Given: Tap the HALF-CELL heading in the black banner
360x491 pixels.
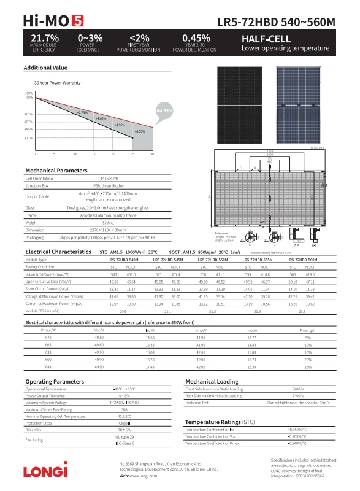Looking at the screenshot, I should (x=266, y=39).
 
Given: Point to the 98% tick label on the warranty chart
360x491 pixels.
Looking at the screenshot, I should (x=29, y=98).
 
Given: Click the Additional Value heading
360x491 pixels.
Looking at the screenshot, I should (x=45, y=68).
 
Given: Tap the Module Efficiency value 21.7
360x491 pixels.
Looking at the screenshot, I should (x=302, y=312).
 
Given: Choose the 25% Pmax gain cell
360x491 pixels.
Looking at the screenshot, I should (x=308, y=366).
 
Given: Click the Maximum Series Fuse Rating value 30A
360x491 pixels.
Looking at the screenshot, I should (x=124, y=409).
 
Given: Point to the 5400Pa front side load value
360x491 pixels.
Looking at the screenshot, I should (x=299, y=389).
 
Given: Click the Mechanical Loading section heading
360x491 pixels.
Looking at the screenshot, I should (x=212, y=381).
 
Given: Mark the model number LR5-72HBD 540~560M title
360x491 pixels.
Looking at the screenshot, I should (x=277, y=22).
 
